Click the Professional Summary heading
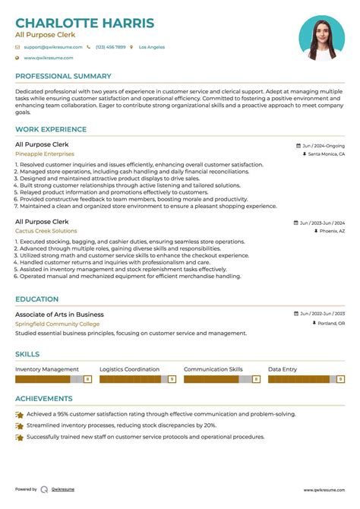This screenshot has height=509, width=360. click(63, 76)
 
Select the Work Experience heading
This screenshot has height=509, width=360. click(50, 129)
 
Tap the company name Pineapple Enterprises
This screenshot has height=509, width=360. click(45, 154)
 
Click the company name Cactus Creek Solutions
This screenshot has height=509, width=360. click(46, 231)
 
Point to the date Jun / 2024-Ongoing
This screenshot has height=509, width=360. click(323, 145)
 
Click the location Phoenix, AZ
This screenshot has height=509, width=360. click(332, 231)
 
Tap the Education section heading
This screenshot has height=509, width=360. click(36, 299)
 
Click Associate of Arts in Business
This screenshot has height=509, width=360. click(59, 315)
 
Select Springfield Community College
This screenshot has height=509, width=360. click(57, 324)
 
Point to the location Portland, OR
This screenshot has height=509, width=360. click(330, 324)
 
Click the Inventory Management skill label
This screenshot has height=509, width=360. click(47, 369)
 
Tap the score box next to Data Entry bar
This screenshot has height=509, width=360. click(340, 378)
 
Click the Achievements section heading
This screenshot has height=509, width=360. click(44, 398)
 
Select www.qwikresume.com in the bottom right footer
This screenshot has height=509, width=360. click(324, 491)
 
